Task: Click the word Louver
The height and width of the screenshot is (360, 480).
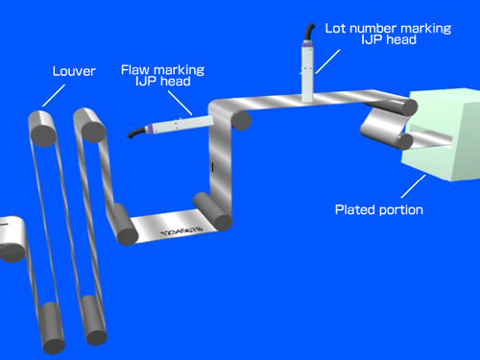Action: (x=74, y=71)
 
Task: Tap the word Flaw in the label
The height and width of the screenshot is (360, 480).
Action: (x=135, y=69)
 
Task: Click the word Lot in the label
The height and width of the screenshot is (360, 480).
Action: (x=335, y=28)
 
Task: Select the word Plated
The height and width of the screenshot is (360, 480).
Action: (x=354, y=209)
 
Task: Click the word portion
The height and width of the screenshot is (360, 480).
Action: (x=400, y=210)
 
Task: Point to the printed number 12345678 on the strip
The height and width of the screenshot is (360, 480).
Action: (x=181, y=230)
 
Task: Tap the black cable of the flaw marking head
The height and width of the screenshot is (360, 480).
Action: (x=136, y=132)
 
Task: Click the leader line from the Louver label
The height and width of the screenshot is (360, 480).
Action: (x=54, y=95)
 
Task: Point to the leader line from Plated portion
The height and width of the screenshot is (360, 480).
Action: (x=414, y=186)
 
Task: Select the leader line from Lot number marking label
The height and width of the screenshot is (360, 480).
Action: (x=327, y=61)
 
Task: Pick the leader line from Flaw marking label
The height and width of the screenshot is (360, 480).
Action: (x=180, y=103)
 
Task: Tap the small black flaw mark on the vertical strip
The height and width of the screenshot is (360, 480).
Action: (x=211, y=167)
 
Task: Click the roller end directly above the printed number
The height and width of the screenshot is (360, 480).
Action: (x=223, y=223)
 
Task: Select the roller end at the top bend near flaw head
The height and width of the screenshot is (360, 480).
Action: (x=241, y=120)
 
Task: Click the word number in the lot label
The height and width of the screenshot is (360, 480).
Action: (x=373, y=28)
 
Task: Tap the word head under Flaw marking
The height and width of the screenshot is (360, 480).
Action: (x=176, y=81)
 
